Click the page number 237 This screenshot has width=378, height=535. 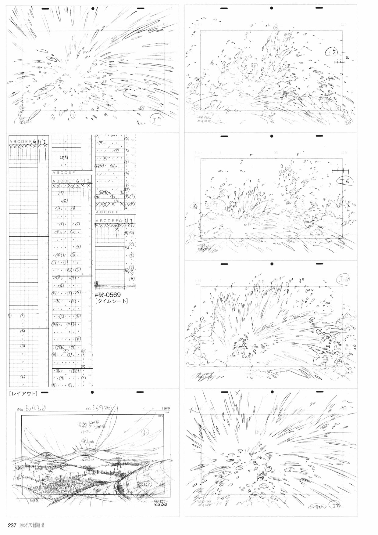point(12,525)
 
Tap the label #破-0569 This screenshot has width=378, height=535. point(108,295)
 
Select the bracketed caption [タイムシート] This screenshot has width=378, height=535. point(111,301)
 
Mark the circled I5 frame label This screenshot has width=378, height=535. point(332,52)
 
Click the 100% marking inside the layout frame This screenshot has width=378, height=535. point(161,416)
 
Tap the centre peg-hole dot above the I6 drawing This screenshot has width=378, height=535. point(271,136)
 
